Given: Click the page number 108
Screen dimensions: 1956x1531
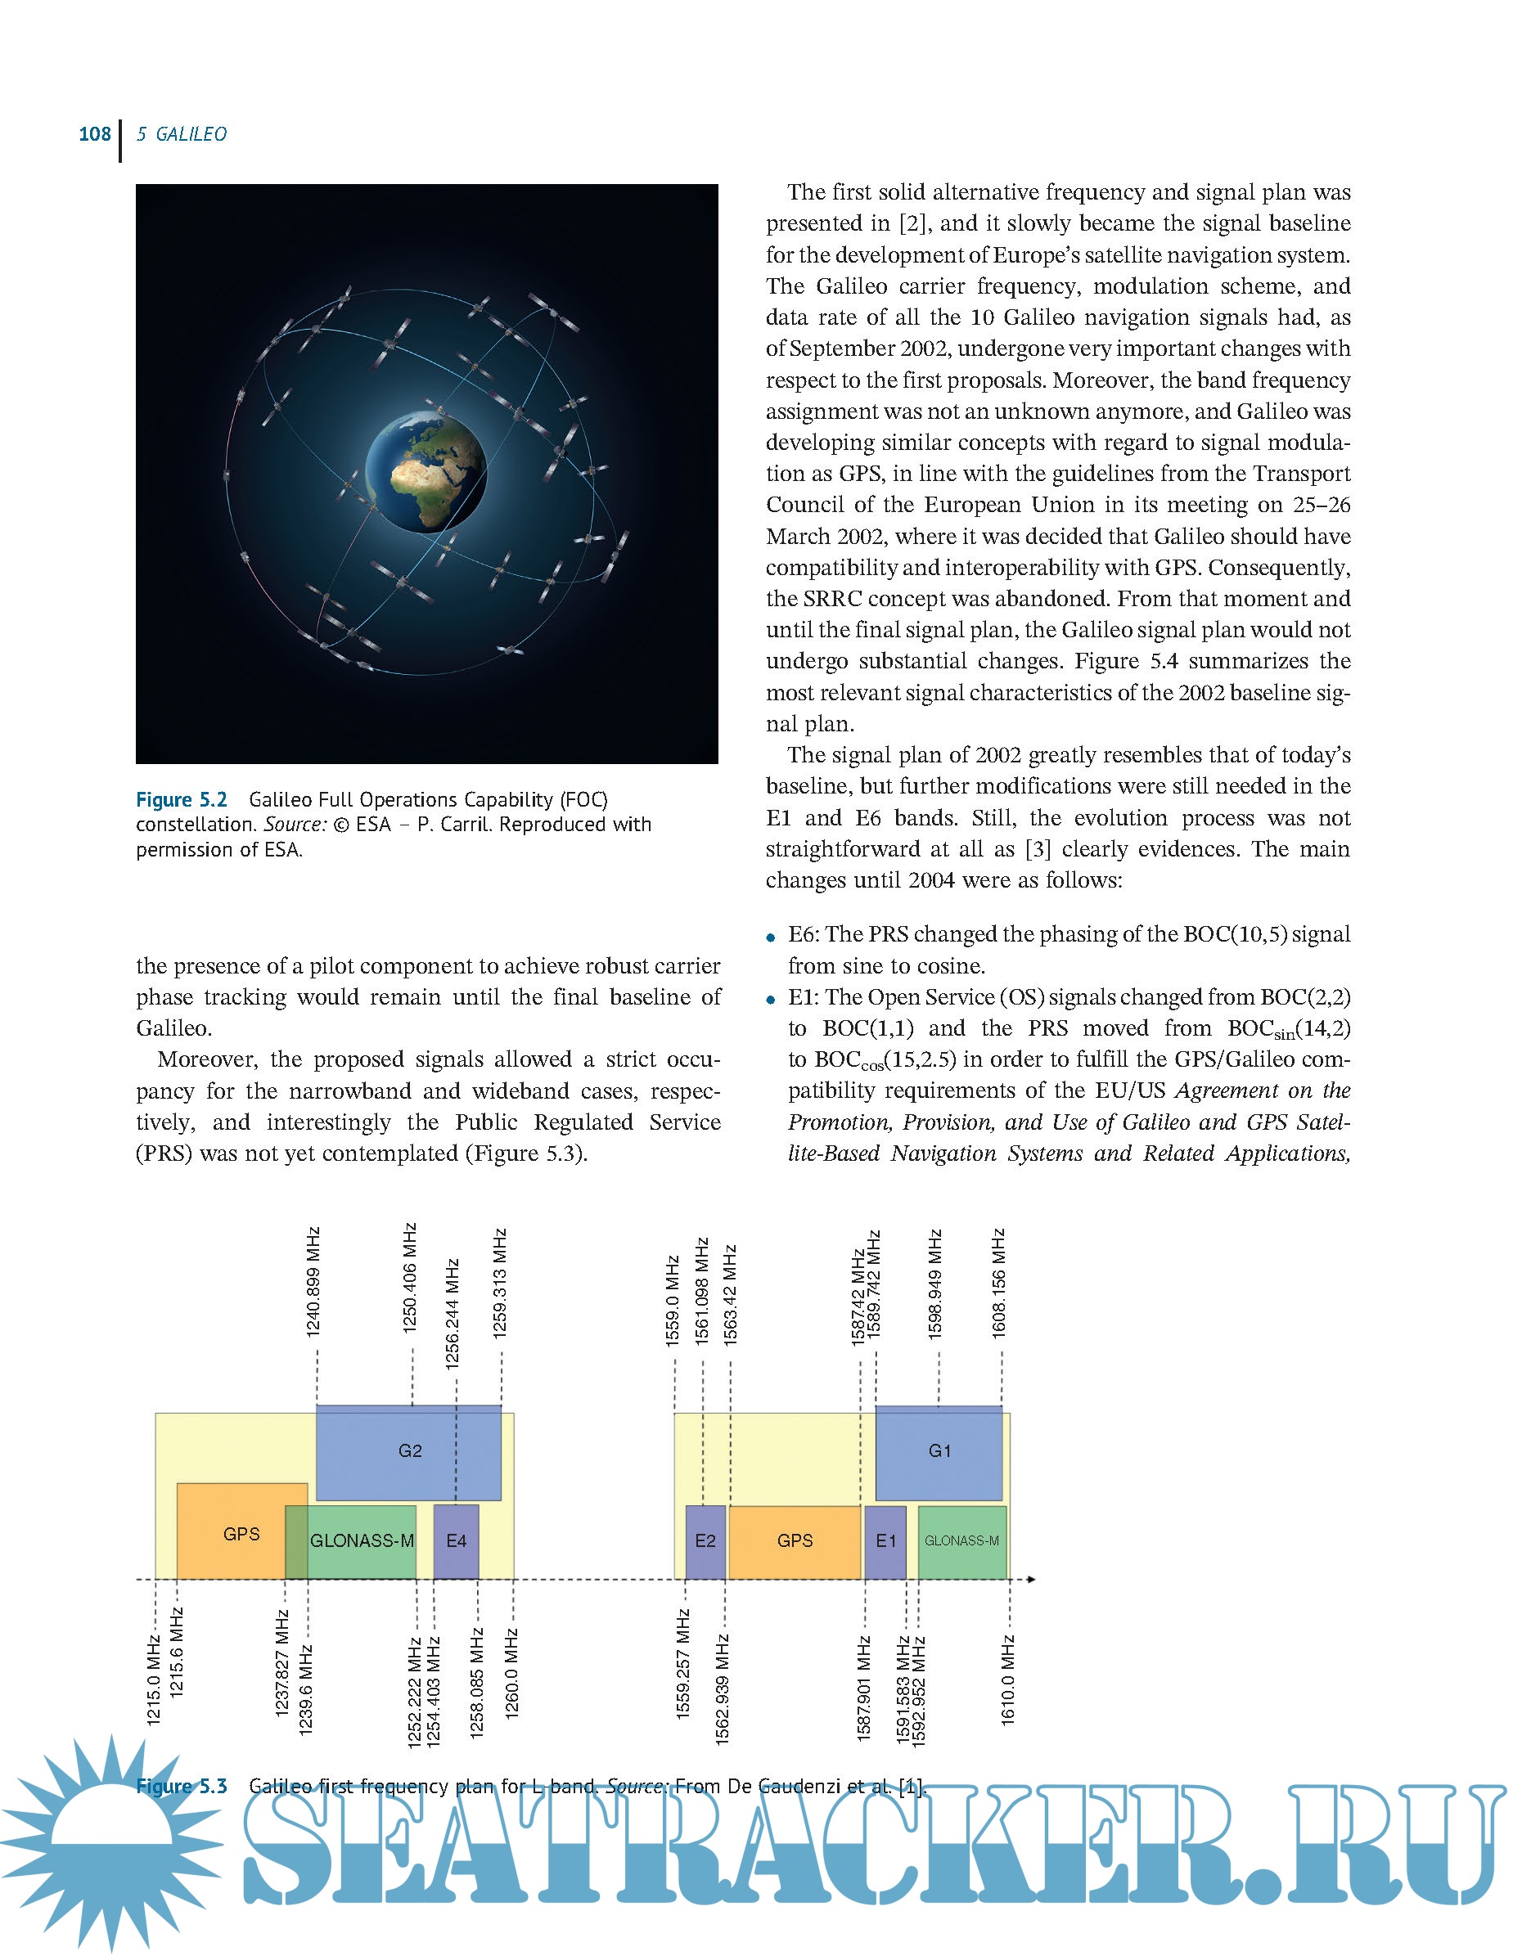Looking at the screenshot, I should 94,134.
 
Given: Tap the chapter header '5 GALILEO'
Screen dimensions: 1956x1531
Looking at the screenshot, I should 181,134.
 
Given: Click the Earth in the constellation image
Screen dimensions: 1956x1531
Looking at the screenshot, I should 426,471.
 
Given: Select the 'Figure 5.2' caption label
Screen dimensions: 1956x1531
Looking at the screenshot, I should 181,799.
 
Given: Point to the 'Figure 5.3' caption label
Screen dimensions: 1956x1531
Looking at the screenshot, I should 181,1786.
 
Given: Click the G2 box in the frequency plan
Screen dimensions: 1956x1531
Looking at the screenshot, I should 409,1450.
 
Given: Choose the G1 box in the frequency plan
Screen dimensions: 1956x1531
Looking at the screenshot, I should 939,1450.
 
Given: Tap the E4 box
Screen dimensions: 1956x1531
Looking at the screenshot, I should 457,1541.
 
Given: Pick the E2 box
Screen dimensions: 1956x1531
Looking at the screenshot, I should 705,1541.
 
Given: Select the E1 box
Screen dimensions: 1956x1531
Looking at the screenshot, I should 885,1541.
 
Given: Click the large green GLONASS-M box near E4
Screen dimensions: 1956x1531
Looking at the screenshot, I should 362,1541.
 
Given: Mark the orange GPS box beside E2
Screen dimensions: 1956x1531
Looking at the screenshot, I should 795,1541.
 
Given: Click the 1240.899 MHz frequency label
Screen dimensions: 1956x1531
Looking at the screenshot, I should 313,1282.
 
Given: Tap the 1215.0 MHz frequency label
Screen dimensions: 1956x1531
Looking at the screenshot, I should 154,1680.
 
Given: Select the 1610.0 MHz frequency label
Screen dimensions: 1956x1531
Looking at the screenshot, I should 1008,1680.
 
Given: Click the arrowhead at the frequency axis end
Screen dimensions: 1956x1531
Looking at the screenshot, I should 1032,1579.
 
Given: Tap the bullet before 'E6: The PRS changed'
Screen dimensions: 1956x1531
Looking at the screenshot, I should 771,938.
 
